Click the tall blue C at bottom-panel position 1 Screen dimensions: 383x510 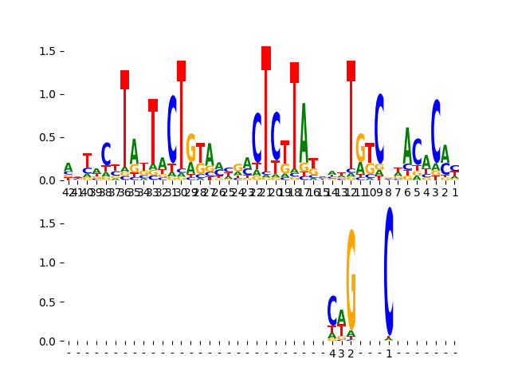[389, 271]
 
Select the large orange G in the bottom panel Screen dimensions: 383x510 [351, 279]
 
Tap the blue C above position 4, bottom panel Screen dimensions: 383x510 [332, 310]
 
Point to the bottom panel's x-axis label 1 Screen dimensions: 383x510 [389, 353]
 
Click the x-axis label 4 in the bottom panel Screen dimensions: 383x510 [332, 353]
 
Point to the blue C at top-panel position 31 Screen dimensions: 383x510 [172, 128]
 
